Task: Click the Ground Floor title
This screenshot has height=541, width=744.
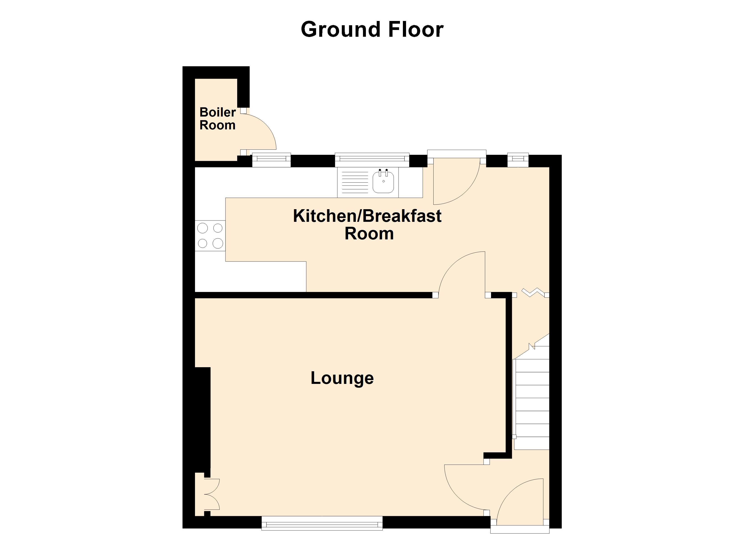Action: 372,30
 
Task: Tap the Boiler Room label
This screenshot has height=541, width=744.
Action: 218,119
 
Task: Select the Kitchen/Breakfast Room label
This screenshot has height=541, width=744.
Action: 367,225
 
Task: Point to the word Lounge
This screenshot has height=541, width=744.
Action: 342,378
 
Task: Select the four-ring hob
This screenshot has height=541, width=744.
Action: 210,236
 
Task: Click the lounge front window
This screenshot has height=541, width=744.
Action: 322,523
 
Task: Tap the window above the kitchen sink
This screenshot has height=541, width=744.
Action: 372,160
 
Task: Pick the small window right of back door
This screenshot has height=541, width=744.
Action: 518,160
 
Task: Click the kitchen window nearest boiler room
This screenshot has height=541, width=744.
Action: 271,160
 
